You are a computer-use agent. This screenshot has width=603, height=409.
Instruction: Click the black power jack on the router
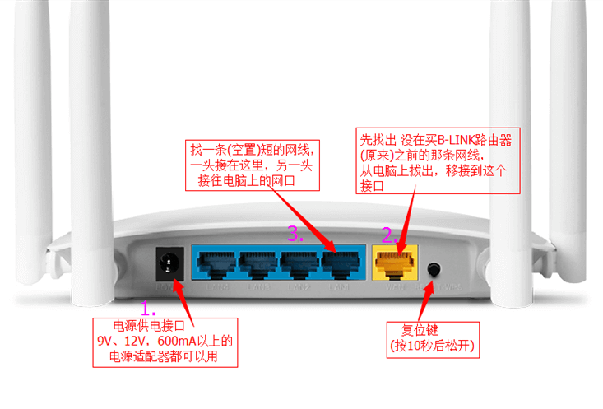[169, 263]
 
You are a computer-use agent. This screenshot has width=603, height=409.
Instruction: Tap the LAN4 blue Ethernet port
[213, 263]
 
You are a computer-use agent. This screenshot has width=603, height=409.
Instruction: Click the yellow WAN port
[395, 263]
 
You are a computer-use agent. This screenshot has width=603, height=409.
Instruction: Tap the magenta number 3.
[295, 233]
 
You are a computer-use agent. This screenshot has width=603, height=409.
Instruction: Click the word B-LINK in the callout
[457, 140]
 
